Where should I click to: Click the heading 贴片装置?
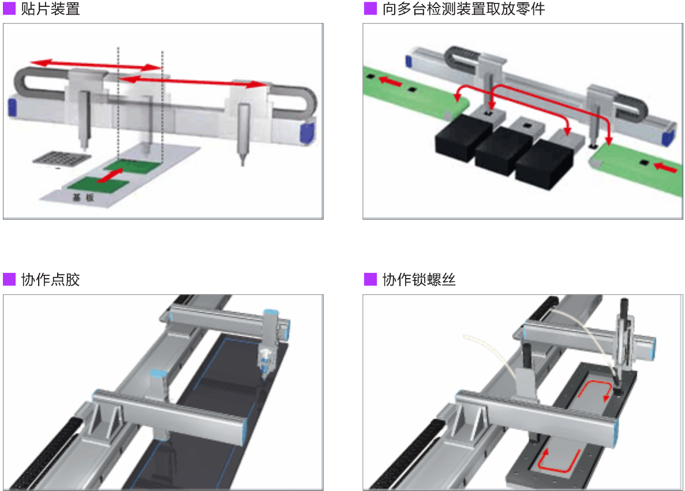tap(50, 9)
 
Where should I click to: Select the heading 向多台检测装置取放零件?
tap(463, 9)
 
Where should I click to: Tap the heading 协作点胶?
tap(50, 280)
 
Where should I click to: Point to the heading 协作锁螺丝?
tap(419, 280)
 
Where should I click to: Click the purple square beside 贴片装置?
tap(9, 9)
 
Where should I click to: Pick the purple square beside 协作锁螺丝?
tap(370, 280)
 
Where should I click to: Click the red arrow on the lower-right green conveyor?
tap(665, 168)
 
